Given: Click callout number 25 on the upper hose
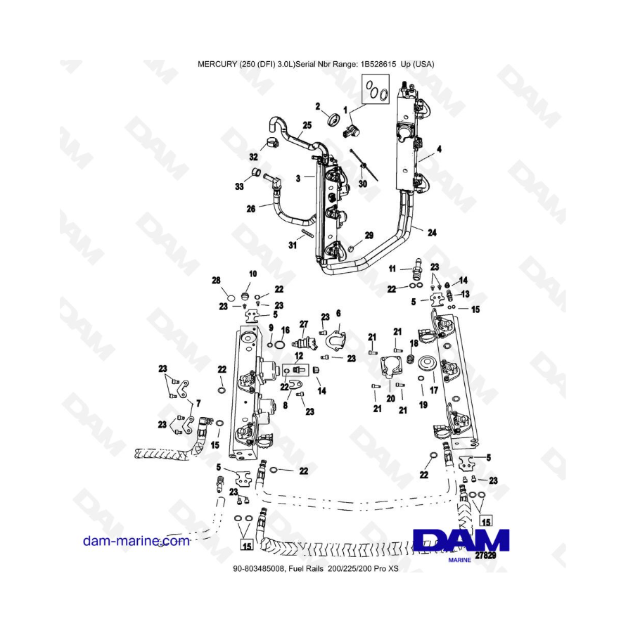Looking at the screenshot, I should [307, 126].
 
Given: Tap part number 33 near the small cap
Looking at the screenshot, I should [240, 186].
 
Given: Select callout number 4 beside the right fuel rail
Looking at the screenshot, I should [439, 149].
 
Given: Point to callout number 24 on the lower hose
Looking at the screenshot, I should [431, 231].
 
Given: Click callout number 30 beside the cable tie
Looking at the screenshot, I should [363, 184].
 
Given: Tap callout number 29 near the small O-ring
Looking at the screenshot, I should [369, 235].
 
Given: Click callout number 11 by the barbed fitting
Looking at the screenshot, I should [394, 269].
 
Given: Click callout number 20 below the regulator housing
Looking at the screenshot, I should [390, 398].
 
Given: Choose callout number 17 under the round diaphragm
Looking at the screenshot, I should [434, 388].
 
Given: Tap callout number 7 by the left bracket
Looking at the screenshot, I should [198, 404].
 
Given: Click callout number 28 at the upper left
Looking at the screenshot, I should [217, 281].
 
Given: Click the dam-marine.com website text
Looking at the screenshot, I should [136, 541].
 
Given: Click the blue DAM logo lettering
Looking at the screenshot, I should [461, 539].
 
